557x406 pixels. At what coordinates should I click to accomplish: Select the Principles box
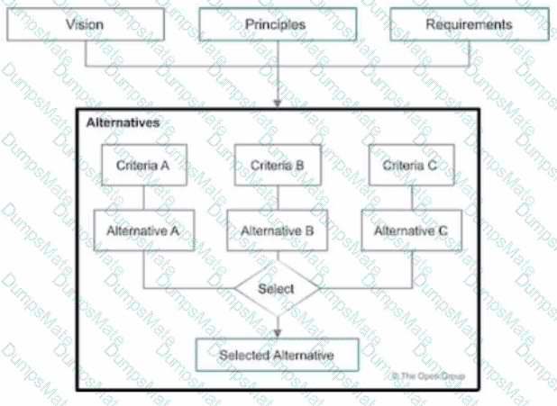tap(275, 25)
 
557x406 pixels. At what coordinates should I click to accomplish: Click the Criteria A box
tap(143, 166)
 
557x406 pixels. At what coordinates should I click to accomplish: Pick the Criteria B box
tap(277, 166)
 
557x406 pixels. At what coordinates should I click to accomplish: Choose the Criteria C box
tap(411, 166)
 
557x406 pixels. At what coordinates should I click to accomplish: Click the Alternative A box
tap(143, 230)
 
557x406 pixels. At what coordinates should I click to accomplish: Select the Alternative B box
tap(277, 230)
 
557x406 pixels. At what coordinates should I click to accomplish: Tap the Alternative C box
tap(411, 230)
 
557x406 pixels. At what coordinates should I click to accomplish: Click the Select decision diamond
tap(277, 289)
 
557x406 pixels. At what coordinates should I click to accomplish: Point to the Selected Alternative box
tap(277, 356)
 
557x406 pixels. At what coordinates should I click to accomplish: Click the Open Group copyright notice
tap(429, 375)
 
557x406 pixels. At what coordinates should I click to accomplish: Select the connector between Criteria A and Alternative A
tap(143, 198)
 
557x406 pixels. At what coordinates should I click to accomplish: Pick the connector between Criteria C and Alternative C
tap(411, 198)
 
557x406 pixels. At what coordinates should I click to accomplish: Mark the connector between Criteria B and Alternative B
tap(277, 198)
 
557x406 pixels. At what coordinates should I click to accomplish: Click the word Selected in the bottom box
tap(242, 356)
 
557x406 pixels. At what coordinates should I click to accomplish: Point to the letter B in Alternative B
tap(307, 230)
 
